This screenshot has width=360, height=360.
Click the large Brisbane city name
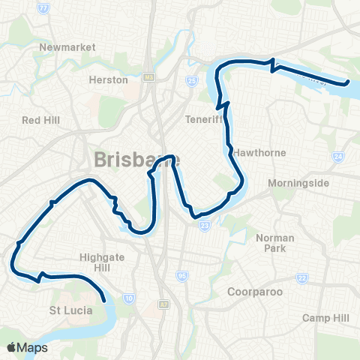(135, 160)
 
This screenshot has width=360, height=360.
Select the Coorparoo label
(253, 291)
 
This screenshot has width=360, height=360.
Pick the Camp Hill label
(325, 318)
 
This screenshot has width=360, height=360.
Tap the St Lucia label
(70, 309)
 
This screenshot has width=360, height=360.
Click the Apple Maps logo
(27, 347)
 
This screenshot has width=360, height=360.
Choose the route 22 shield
(302, 278)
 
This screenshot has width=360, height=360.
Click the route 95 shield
(181, 277)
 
